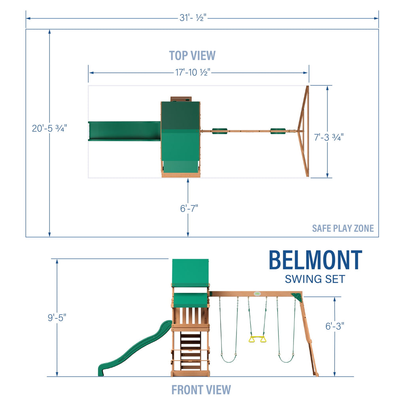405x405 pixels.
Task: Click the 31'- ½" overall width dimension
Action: point(194,18)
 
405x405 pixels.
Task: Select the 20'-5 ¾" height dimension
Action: point(49,129)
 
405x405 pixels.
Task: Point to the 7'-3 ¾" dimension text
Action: point(329,137)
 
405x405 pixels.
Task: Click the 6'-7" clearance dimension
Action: point(188,208)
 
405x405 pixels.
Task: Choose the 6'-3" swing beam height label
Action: point(334,326)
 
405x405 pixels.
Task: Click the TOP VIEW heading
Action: point(192,55)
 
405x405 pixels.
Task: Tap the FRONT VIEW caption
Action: point(201,390)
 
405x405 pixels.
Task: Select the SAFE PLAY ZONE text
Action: point(343,228)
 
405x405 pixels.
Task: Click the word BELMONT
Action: point(315,260)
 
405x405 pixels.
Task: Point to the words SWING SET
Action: point(315,279)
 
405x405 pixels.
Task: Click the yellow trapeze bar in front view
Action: point(257,339)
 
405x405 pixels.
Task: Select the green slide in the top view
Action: point(124,131)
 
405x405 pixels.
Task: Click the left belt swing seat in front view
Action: point(228,359)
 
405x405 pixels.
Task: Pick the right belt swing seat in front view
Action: point(286,359)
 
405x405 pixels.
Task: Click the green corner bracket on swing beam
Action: point(296,297)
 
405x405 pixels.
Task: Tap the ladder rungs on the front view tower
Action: point(190,350)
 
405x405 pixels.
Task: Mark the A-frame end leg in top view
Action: point(305,131)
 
